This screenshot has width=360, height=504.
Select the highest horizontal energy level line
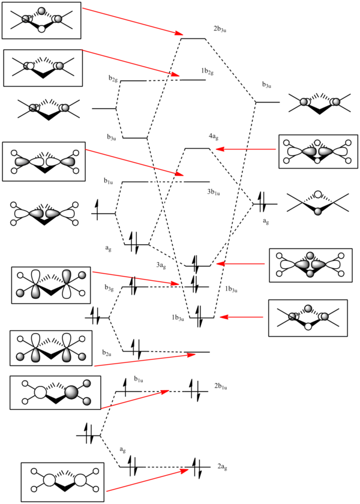tap(193, 39)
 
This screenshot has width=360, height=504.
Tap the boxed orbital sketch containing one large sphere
tap(56, 392)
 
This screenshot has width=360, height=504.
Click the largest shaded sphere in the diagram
tap(71, 392)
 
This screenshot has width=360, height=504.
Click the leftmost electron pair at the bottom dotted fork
tap(88, 434)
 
